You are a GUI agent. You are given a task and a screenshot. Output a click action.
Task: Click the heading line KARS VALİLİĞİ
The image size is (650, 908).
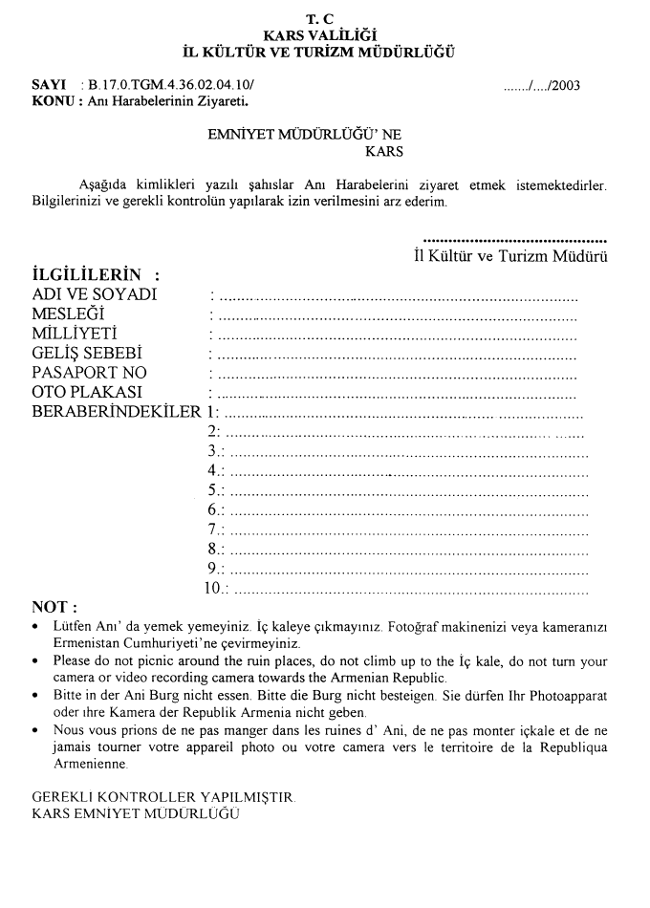[x=324, y=35]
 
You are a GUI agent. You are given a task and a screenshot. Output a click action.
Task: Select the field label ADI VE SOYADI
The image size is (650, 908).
[x=94, y=295]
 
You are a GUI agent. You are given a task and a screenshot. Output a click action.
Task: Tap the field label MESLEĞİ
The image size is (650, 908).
[x=68, y=314]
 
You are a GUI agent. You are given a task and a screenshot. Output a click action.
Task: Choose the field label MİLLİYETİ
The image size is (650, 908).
[x=76, y=334]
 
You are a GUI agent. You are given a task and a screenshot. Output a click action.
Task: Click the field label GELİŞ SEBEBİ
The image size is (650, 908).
[x=86, y=354]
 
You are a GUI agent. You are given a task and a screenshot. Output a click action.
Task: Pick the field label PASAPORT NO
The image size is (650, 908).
[x=89, y=373]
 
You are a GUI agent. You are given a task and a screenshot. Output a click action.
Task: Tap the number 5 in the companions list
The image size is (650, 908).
[x=212, y=490]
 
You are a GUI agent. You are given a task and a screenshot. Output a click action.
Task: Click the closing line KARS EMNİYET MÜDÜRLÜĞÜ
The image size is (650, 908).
[x=136, y=813]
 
